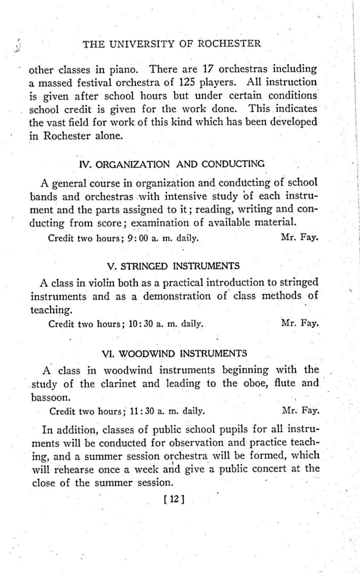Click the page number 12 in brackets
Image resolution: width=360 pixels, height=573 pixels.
coord(172,499)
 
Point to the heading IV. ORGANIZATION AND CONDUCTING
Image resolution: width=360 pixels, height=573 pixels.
coord(172,164)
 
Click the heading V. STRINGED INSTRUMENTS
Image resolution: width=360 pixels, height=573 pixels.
coord(174,266)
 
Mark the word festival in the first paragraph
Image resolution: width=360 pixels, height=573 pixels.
coord(88,82)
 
